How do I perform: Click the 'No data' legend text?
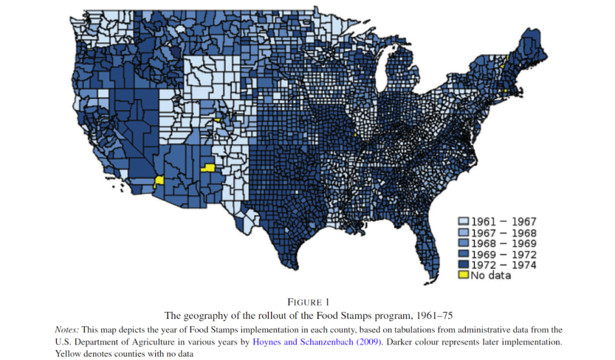[491, 275]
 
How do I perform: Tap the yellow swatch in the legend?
[463, 275]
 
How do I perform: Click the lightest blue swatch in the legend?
[463, 222]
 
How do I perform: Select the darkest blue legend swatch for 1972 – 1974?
[463, 264]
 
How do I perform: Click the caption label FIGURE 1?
[307, 302]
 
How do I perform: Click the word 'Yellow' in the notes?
[70, 353]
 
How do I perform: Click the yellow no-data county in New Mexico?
[208, 168]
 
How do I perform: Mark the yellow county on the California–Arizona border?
[159, 181]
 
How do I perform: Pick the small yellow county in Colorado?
[217, 120]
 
